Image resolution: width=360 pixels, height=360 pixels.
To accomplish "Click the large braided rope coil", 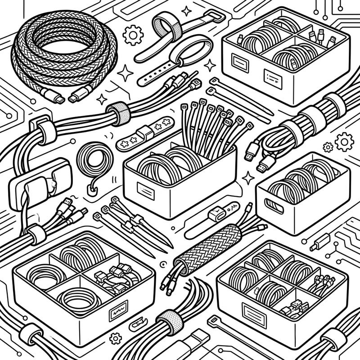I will coord(63,49).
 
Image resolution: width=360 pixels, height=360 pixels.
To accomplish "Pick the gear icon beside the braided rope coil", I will coord(133,35).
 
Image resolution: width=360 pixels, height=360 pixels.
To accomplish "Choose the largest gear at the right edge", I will coord(344,142).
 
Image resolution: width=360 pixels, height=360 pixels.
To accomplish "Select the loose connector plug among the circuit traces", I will coord(320,243).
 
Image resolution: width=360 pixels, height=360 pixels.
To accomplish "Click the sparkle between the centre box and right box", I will coord(248,177).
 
